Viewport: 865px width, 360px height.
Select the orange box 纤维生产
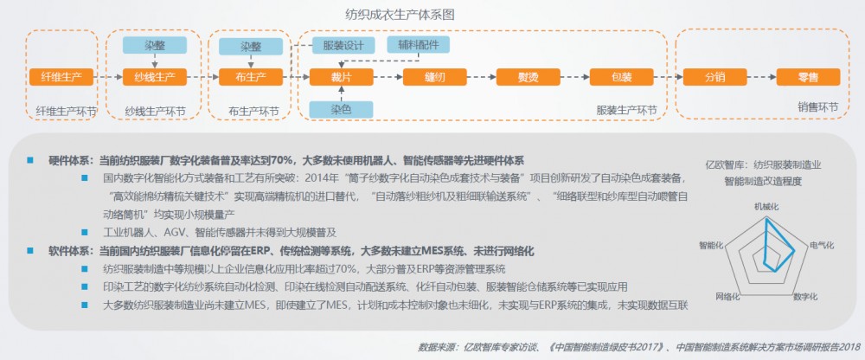61,77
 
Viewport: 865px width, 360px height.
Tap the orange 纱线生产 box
155,77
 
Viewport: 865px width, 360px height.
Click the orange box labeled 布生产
251,77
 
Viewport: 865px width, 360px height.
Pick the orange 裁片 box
342,77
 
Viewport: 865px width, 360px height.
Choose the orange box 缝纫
435,77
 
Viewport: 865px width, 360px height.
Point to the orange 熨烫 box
528,77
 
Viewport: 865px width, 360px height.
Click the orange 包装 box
621,77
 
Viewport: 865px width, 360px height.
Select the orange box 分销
715,77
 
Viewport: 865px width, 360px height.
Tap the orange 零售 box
808,77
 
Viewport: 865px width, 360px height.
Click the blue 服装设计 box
343,45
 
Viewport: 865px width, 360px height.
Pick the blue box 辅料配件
418,45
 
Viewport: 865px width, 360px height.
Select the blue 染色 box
342,109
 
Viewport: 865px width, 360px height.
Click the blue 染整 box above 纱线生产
155,45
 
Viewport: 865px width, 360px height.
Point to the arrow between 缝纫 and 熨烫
482,77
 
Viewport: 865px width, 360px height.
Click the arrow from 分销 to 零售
762,77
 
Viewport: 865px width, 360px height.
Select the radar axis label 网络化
727,296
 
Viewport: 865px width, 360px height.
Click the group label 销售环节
817,108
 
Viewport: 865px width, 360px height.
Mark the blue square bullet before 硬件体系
29,160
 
